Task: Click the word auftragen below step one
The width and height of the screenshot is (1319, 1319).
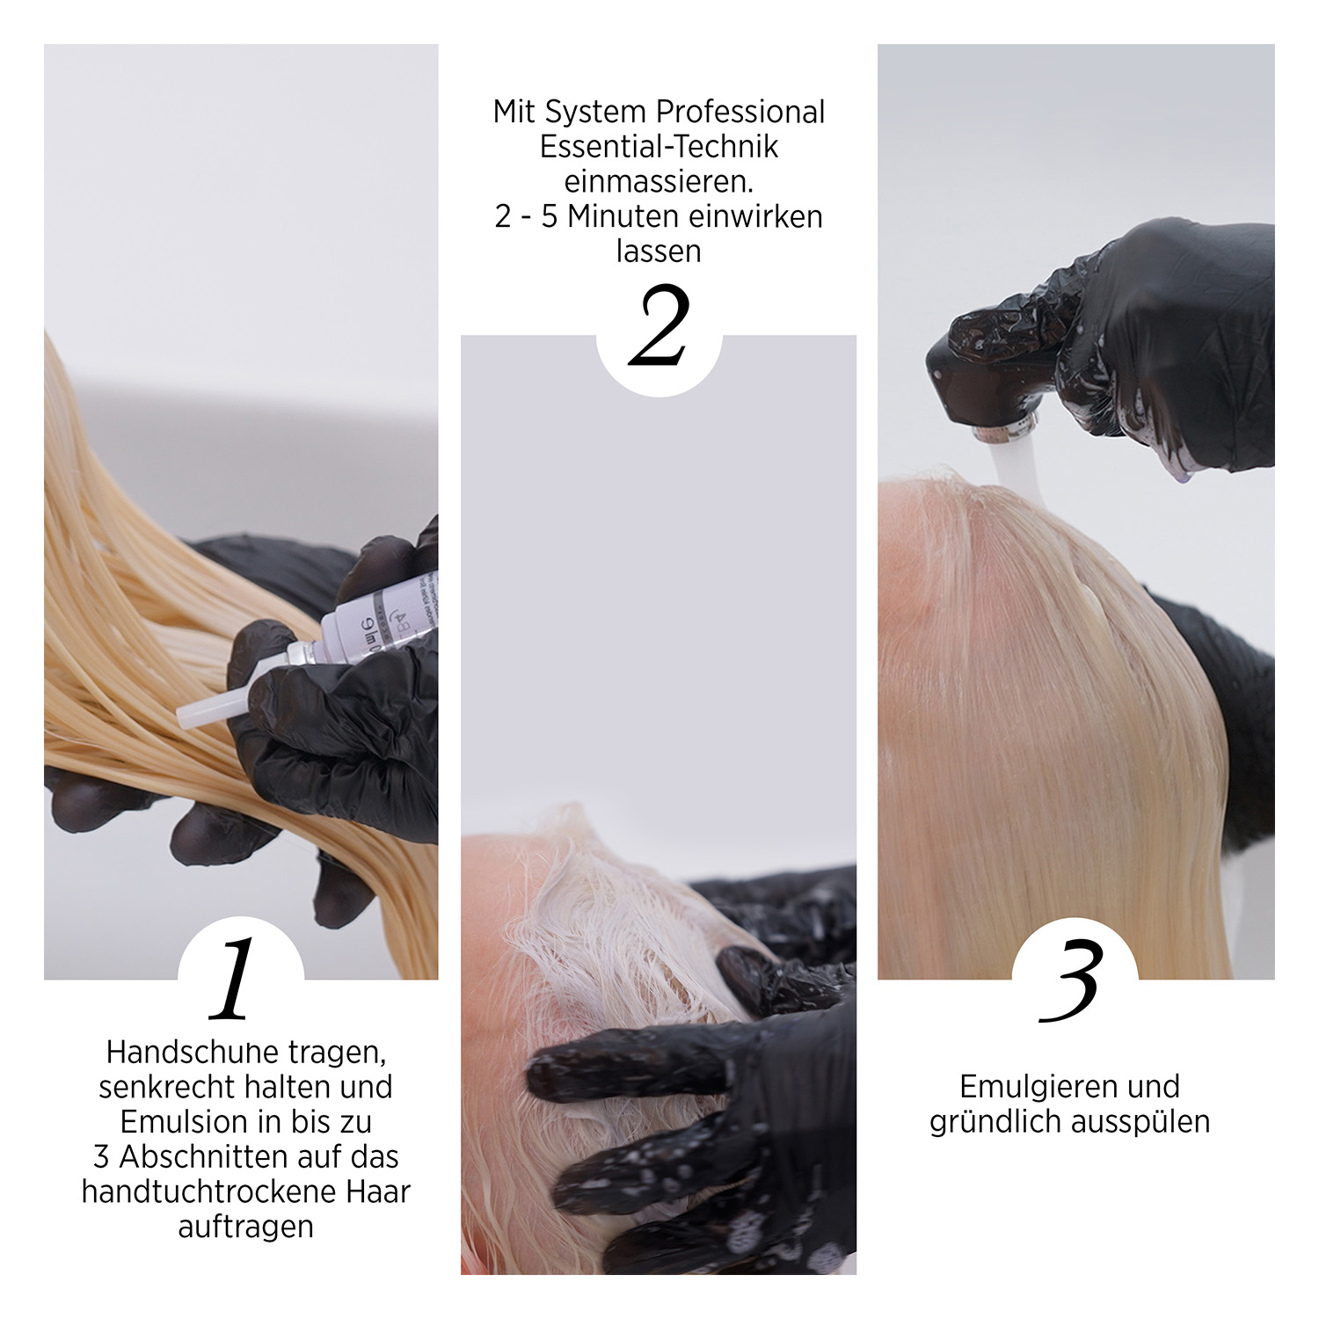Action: pos(245,1228)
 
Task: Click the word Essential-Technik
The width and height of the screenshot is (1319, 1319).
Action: pos(659,147)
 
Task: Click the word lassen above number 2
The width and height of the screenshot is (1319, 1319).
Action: pos(659,252)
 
